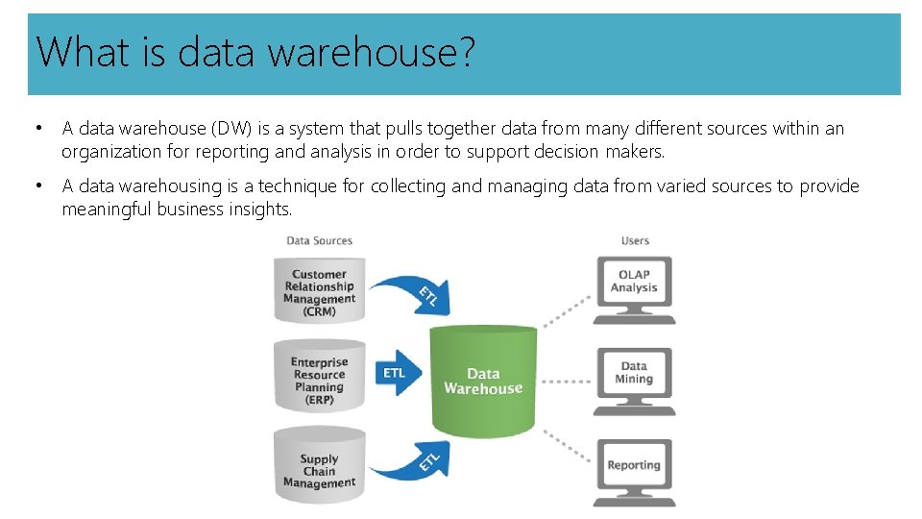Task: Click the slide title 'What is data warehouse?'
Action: point(255,52)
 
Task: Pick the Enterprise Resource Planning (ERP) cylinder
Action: point(319,381)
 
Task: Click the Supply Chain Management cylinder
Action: point(319,470)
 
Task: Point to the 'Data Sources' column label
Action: point(319,240)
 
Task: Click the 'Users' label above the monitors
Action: point(635,240)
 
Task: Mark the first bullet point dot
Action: point(36,128)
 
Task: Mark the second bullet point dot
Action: point(36,185)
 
